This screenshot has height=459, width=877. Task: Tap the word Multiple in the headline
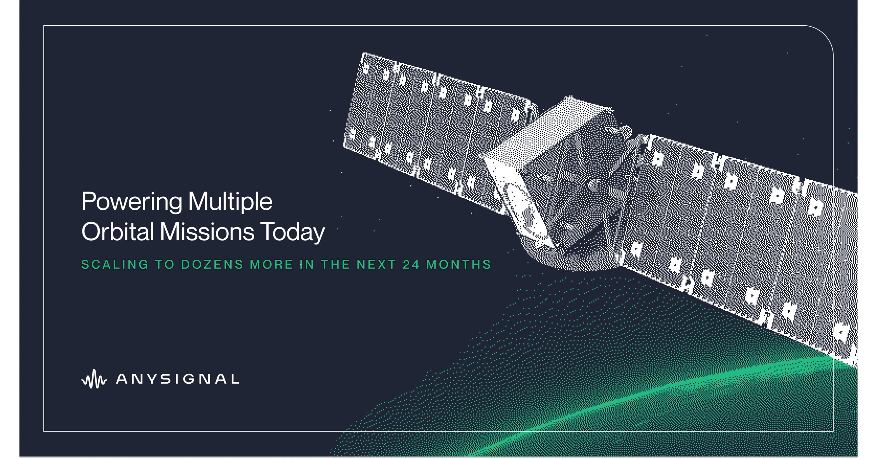click(230, 202)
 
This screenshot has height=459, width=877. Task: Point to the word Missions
click(207, 232)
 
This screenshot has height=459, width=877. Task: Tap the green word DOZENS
click(212, 265)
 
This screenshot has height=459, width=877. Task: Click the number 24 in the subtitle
click(411, 265)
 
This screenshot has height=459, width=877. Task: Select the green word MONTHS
click(459, 265)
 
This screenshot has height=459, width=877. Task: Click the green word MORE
click(271, 265)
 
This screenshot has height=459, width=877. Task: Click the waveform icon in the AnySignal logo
click(94, 379)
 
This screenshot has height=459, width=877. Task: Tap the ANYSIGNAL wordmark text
click(178, 379)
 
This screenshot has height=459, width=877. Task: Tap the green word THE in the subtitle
click(335, 265)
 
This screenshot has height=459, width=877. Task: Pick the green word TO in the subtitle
click(165, 265)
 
